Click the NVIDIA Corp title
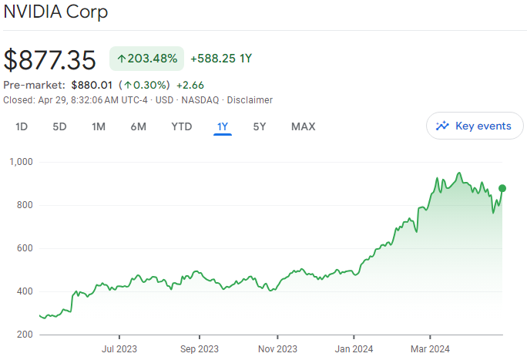[x=55, y=12]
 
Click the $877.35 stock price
[x=50, y=60]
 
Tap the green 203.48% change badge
[x=146, y=58]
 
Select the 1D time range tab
[x=22, y=126]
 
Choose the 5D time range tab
[x=59, y=126]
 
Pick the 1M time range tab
[x=99, y=126]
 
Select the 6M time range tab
[x=138, y=126]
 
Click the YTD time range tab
[x=182, y=126]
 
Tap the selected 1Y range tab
[x=223, y=126]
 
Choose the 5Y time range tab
[x=260, y=126]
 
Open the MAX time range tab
[x=303, y=126]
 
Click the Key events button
[x=475, y=126]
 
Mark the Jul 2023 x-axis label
[x=120, y=348]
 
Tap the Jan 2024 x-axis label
[x=354, y=348]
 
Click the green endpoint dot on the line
[x=502, y=188]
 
